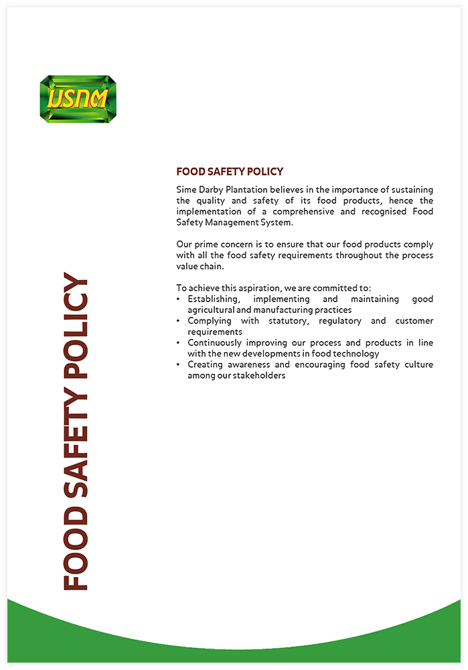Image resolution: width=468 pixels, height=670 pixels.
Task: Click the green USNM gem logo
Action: (x=78, y=99)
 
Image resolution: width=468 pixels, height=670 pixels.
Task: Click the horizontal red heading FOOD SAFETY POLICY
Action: (x=230, y=172)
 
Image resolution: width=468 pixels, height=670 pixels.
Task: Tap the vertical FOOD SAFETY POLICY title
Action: (x=76, y=432)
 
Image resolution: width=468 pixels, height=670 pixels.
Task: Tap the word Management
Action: (x=229, y=222)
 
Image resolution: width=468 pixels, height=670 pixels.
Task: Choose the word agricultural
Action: (x=212, y=310)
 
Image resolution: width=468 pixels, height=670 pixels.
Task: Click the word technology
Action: (x=357, y=353)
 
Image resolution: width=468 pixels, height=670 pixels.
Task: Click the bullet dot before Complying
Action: (x=178, y=321)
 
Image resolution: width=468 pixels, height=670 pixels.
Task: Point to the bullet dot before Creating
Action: (x=178, y=364)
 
